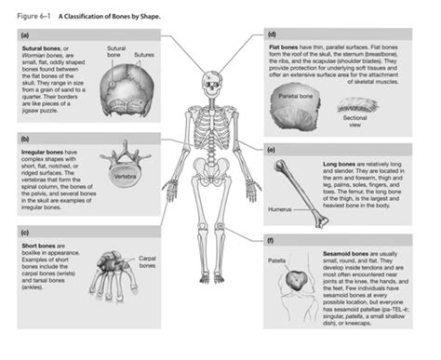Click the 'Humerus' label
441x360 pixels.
coord(281,209)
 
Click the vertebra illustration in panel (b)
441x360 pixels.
coord(115,158)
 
